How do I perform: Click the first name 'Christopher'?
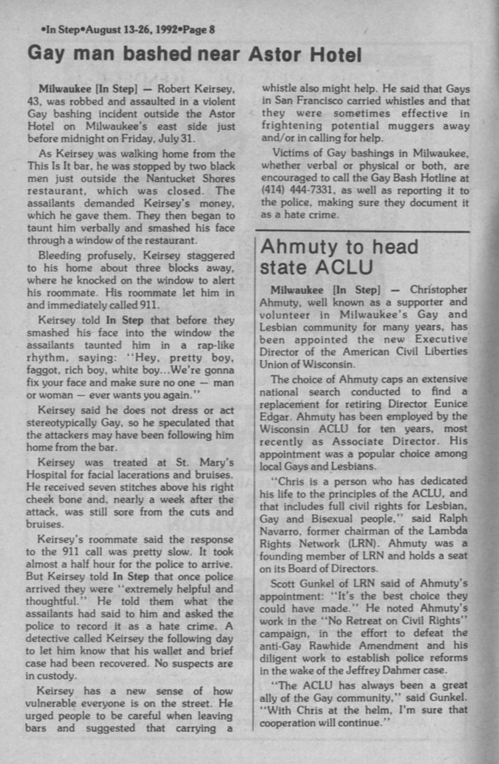tap(439, 290)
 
